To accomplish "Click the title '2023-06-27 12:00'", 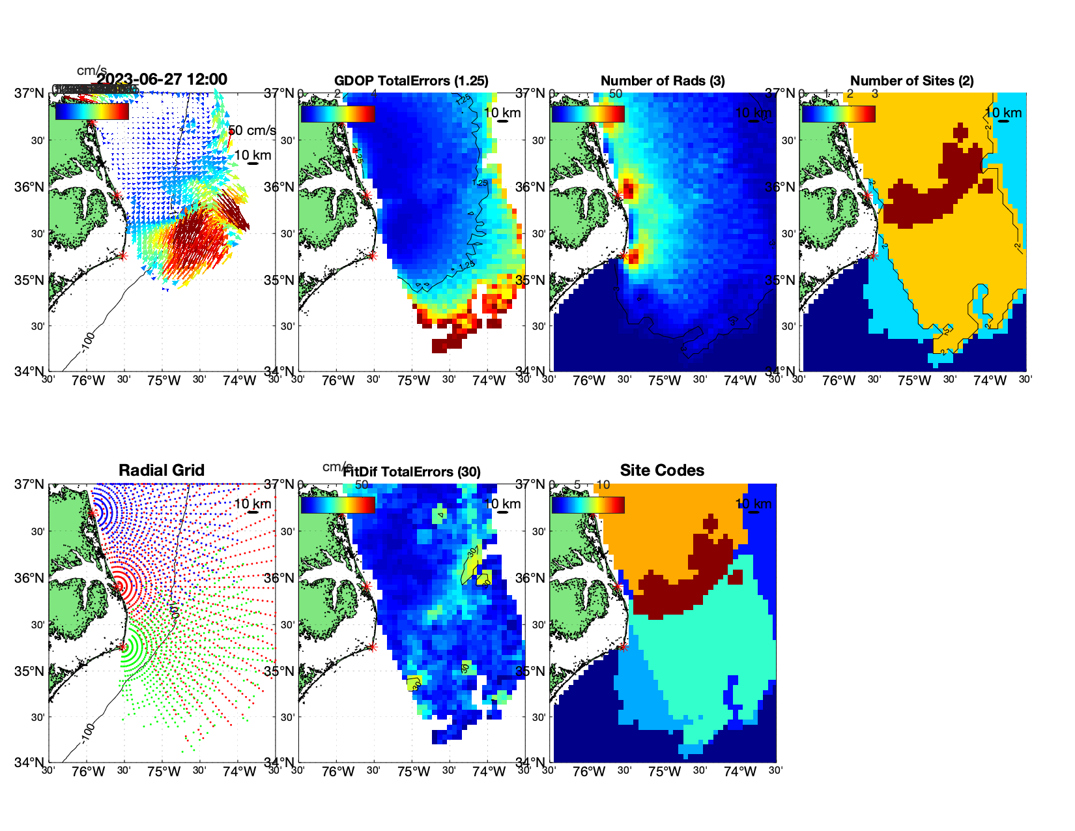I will point(162,80).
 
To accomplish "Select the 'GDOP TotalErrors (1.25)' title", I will point(411,81).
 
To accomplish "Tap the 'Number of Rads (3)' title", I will point(663,81).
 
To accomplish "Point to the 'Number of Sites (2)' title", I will point(911,81).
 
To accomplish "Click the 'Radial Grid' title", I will point(162,471).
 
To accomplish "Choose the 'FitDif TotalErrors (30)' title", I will point(412,472).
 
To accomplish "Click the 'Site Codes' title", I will point(662,471).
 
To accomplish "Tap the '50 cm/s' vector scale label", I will point(253,130).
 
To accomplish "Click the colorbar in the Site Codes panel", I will point(588,505).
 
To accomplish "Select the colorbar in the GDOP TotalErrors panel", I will point(337,113).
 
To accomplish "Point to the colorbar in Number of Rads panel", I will point(588,113).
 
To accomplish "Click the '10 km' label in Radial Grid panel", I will point(252,504).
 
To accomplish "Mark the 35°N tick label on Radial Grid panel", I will point(31,671).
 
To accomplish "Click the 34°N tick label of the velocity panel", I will point(31,372).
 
